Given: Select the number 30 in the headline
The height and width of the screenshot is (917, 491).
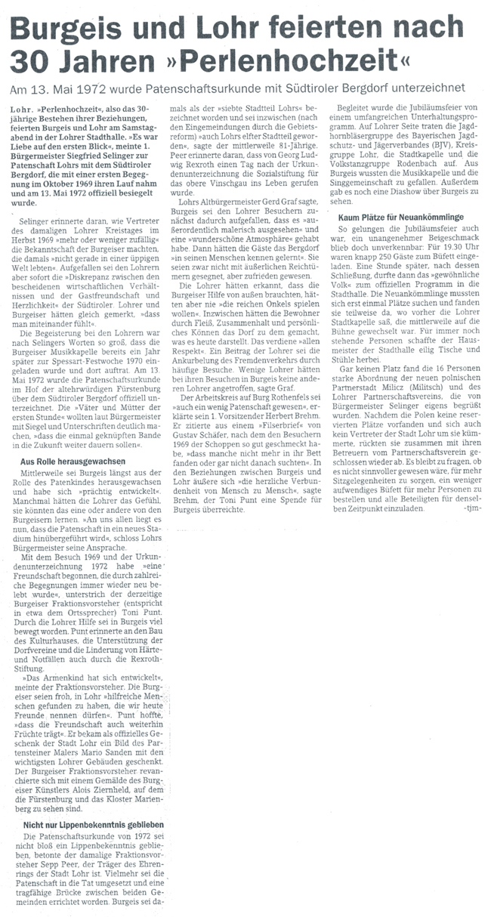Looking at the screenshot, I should (31, 59).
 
